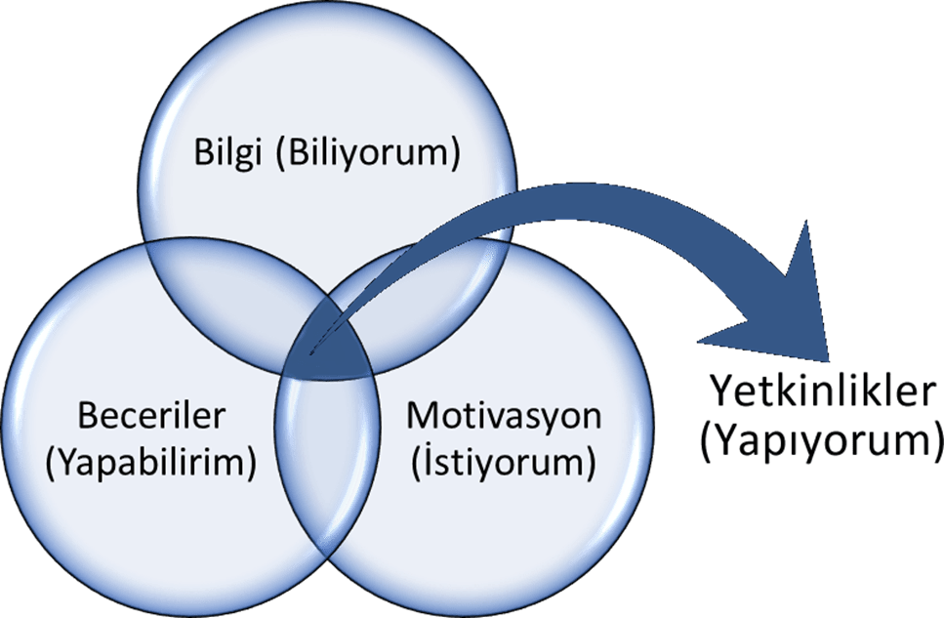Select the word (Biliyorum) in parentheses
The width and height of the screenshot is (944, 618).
click(x=367, y=154)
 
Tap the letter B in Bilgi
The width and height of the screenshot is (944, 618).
click(x=203, y=154)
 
